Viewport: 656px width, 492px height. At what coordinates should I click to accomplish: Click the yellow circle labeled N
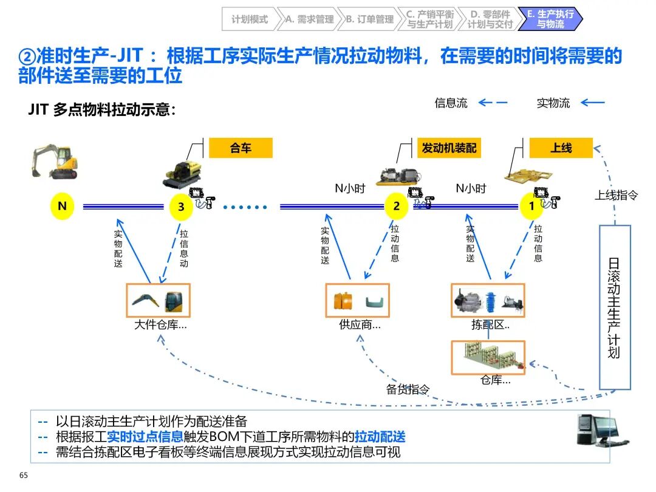click(x=62, y=207)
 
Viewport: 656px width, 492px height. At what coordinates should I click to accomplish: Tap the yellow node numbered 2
click(x=396, y=207)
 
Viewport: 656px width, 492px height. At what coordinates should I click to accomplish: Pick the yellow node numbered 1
click(x=531, y=207)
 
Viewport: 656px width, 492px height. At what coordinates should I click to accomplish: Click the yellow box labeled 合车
click(x=241, y=148)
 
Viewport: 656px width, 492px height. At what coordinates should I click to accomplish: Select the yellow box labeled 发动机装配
click(x=449, y=148)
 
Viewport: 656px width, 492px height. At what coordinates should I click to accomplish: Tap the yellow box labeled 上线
click(x=561, y=148)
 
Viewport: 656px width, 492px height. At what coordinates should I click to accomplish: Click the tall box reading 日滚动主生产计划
click(x=615, y=307)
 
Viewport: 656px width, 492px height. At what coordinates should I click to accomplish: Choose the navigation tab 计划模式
click(x=249, y=19)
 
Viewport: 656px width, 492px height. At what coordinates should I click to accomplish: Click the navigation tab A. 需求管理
click(x=309, y=19)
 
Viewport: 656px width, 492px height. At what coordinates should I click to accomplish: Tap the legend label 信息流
click(x=451, y=103)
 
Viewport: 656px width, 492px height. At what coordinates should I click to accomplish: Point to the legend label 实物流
click(x=553, y=103)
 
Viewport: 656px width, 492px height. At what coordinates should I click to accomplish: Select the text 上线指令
click(x=616, y=196)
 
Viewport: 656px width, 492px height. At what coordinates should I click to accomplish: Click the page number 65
click(x=24, y=475)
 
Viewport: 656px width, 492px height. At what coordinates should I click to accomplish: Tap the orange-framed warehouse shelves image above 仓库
click(x=488, y=357)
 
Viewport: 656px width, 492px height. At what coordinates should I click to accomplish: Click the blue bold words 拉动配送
click(x=380, y=437)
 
